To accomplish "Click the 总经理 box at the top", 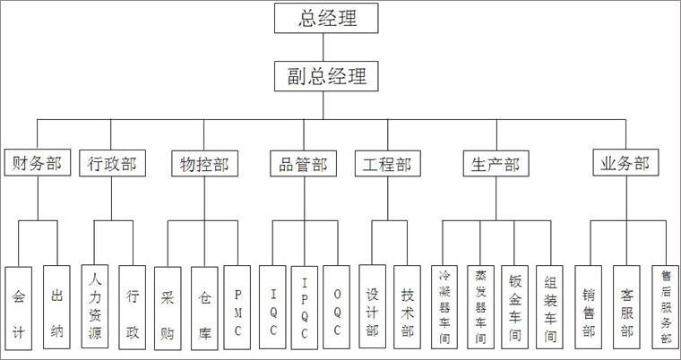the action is (326, 18).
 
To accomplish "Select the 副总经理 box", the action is (326, 76).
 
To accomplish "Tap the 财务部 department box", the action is (38, 163).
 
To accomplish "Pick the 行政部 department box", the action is (112, 163).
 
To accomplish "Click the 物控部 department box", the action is (204, 163).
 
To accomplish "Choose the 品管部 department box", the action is (303, 163).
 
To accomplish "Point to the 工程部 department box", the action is (388, 163).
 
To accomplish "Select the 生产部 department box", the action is (496, 163).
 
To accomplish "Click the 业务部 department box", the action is (625, 162).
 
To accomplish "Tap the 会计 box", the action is (19, 308).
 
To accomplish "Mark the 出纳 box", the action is (56, 307).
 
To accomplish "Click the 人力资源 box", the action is (95, 306).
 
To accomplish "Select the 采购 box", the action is (168, 308).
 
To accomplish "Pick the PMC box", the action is (237, 307).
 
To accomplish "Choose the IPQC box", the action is (305, 308).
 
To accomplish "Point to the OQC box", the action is (337, 307).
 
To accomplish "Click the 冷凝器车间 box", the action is (444, 307).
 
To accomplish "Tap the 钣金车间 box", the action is (514, 307).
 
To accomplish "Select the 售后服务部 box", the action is (666, 307).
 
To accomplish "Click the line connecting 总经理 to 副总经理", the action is (323, 47).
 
